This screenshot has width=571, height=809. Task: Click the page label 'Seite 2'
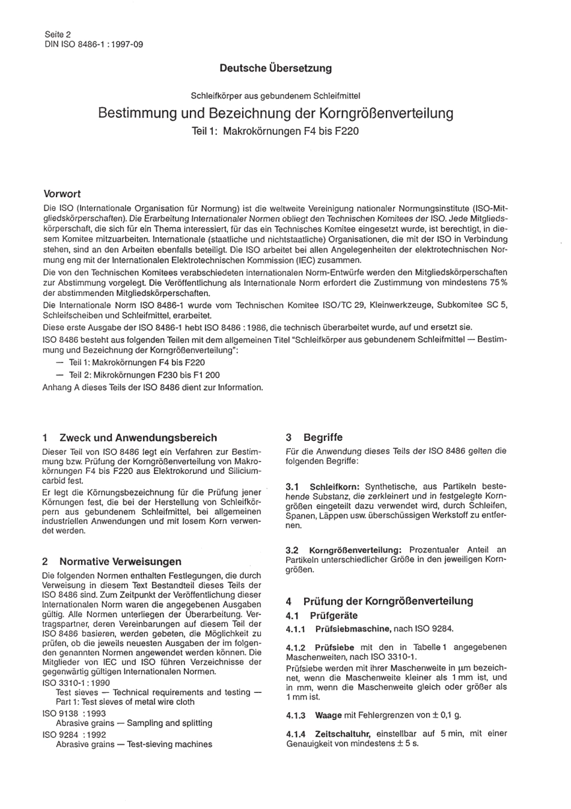click(58, 35)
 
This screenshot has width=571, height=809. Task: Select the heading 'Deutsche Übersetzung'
click(275, 68)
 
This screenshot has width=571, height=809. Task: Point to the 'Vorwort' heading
click(62, 194)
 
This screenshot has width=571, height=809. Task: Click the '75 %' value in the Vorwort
click(496, 283)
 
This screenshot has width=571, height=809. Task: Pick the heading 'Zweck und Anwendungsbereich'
click(138, 437)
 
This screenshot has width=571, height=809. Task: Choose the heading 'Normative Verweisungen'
click(120, 561)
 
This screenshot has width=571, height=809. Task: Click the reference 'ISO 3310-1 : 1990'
click(76, 683)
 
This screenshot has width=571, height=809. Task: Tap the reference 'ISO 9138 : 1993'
click(74, 713)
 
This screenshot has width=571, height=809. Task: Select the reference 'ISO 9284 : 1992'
click(74, 734)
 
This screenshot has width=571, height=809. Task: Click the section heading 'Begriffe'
click(323, 437)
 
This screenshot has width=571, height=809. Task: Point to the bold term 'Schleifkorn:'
click(334, 487)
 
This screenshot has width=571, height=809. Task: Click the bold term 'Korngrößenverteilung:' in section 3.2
click(355, 550)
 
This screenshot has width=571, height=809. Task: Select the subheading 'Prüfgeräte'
click(334, 615)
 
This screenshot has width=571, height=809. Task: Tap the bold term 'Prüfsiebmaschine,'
click(353, 629)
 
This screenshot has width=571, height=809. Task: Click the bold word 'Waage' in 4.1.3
click(328, 715)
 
